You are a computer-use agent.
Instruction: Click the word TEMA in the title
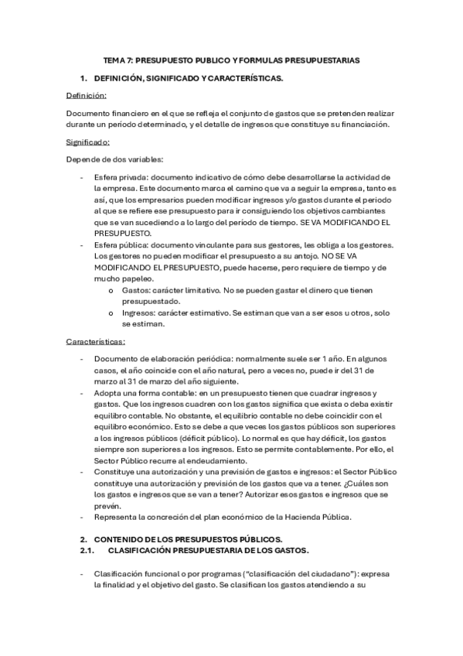pos(114,60)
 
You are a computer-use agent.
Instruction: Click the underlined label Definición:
pos(86,96)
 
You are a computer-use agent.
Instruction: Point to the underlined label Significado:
pos(88,142)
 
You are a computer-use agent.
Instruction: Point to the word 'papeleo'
pos(136,278)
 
